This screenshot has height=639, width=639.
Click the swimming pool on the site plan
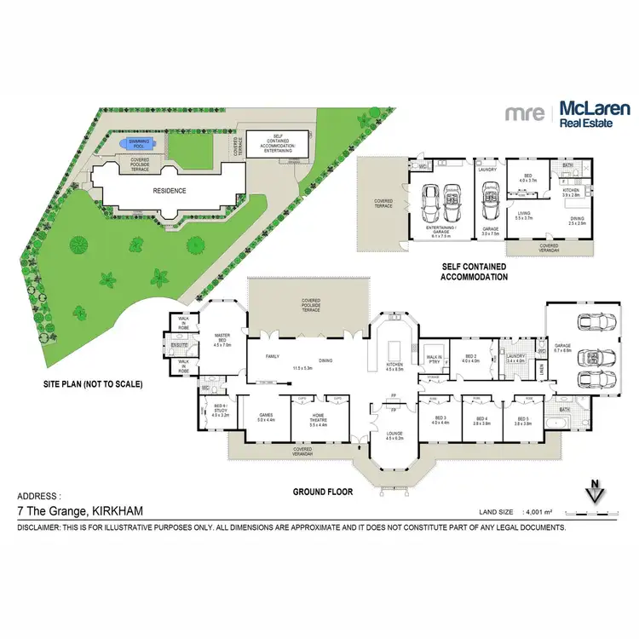(x=139, y=143)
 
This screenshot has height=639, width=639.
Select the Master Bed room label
(x=222, y=339)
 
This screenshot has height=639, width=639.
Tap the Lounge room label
(x=393, y=436)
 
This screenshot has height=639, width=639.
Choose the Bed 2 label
(x=470, y=358)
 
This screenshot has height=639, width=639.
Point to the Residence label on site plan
(x=169, y=190)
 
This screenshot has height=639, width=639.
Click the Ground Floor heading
(x=322, y=492)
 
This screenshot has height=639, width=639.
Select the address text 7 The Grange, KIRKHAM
(x=80, y=511)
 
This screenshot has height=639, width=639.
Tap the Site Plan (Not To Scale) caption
(x=92, y=384)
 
